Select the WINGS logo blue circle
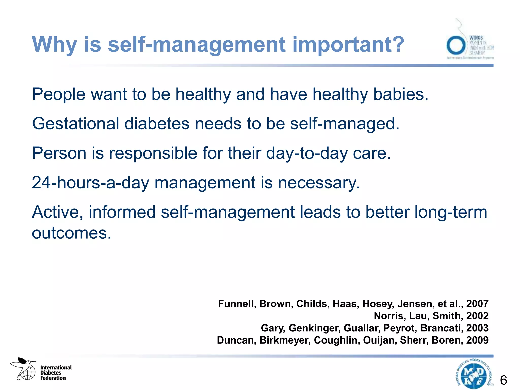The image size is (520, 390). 456,45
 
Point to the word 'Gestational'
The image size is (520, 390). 75,124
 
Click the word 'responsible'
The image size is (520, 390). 153,153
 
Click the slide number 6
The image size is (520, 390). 503,380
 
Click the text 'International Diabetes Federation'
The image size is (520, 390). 56,373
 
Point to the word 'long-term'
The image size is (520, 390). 451,212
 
